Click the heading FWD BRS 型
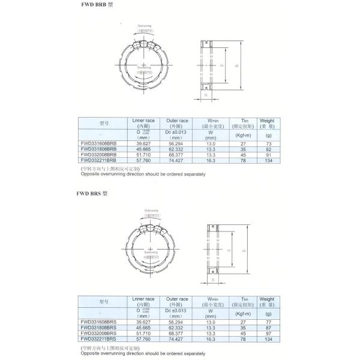pos(93,193)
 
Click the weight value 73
pos(268,145)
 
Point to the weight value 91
pos(268,155)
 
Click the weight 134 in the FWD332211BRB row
pos(268,161)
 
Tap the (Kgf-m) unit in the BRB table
pos(243,136)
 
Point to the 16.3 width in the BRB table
pos(210,161)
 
